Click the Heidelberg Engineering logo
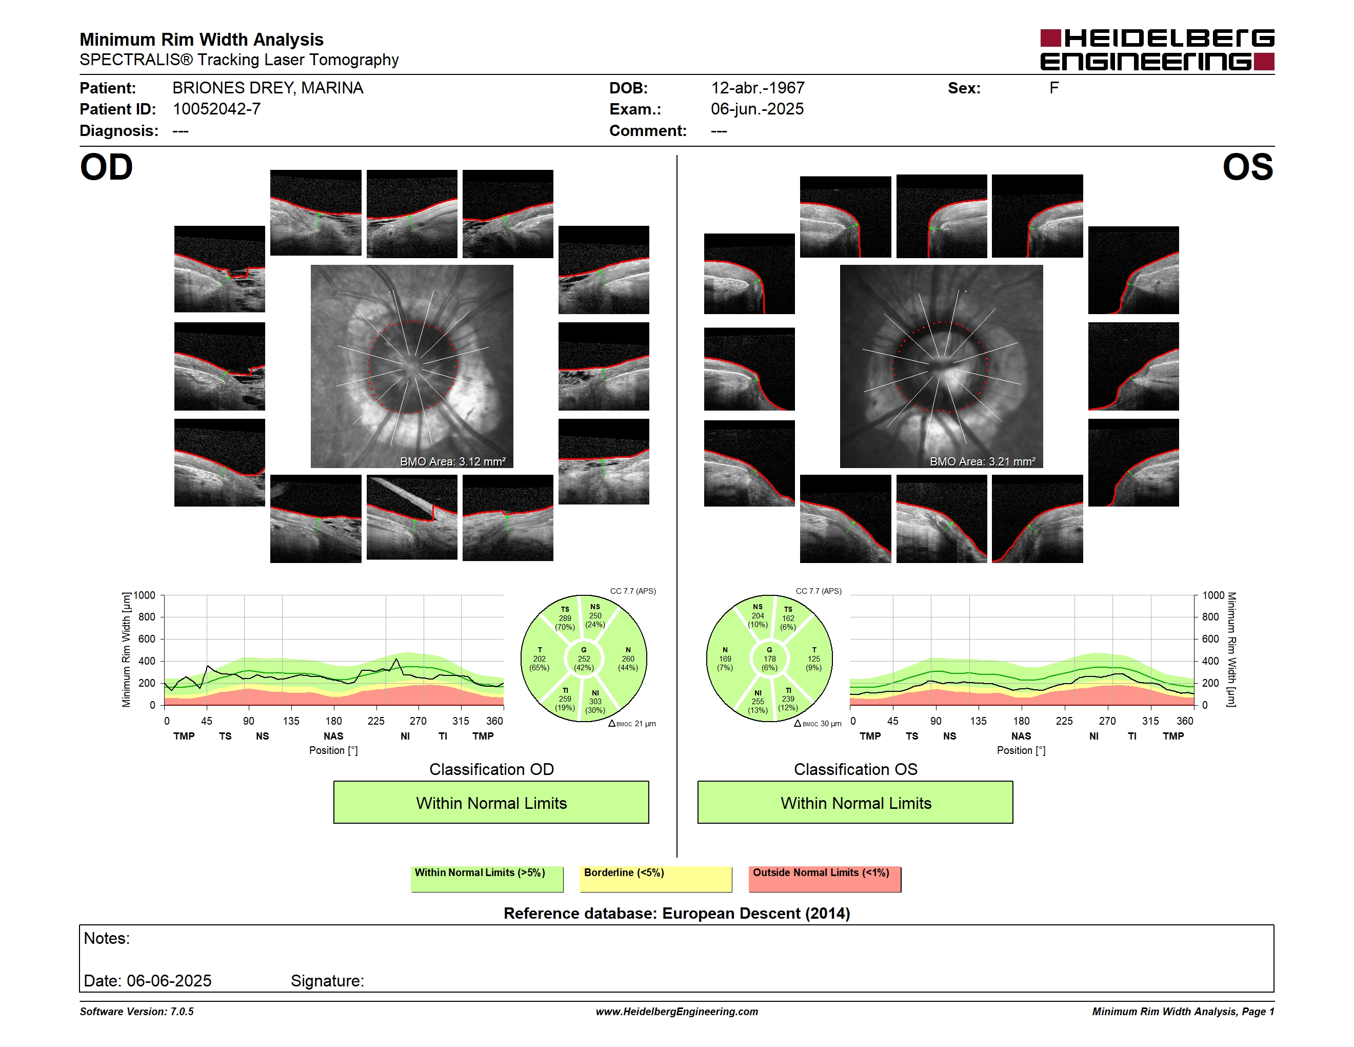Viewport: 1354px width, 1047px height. click(1157, 50)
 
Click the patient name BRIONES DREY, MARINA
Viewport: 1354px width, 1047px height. click(268, 88)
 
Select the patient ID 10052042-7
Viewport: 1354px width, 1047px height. click(216, 109)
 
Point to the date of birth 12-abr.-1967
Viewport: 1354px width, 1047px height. click(758, 88)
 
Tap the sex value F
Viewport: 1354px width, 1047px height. click(1054, 88)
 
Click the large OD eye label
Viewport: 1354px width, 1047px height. click(107, 167)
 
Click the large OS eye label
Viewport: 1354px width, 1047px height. click(1247, 167)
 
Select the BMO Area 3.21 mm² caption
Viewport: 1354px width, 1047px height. click(983, 461)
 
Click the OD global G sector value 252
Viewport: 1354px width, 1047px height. click(583, 658)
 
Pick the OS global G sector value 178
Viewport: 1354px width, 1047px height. click(769, 658)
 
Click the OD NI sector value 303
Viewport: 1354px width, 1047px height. click(595, 702)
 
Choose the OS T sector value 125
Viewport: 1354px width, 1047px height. click(813, 658)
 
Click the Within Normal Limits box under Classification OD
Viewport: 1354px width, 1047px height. click(491, 803)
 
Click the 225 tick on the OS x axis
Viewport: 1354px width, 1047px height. click(1064, 721)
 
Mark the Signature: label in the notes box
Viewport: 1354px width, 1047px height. click(327, 981)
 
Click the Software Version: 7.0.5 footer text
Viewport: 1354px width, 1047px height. click(136, 1012)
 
